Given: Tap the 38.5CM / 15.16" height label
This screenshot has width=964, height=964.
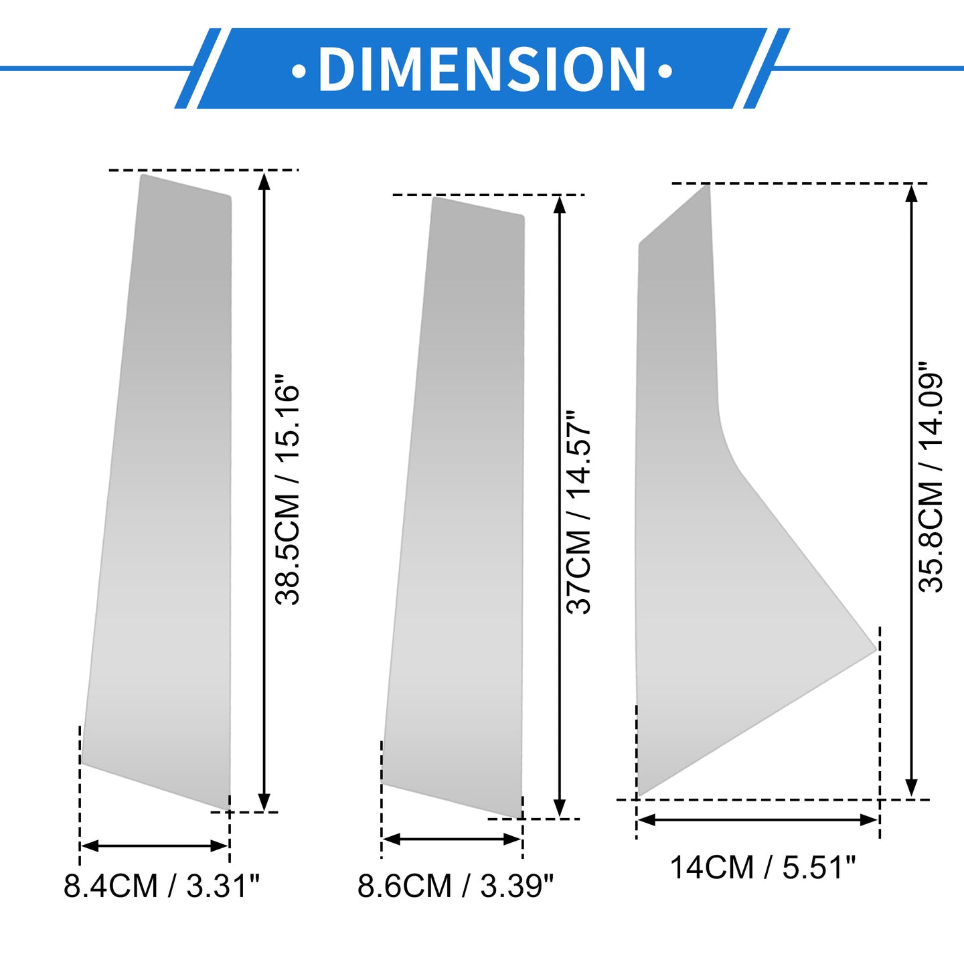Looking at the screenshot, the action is click(288, 495).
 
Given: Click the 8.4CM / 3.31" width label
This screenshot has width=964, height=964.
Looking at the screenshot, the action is click(162, 886).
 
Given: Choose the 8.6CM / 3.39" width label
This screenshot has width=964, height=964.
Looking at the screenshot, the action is click(456, 886).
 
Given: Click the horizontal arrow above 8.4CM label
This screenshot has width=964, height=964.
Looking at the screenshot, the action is click(155, 846).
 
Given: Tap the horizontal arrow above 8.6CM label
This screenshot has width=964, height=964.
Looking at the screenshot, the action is click(452, 839).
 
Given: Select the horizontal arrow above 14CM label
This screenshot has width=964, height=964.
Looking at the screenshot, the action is click(758, 820).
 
